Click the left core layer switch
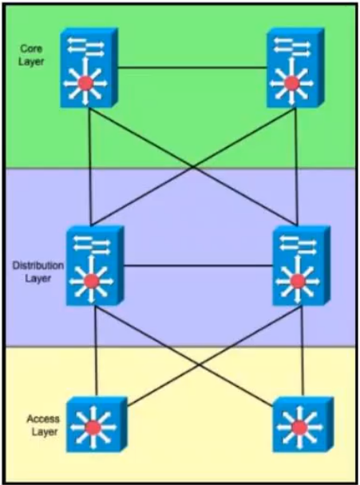(89, 67)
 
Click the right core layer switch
(295, 67)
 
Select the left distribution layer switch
(95, 265)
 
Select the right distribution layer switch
(301, 265)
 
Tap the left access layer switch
(97, 424)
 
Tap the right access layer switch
(303, 424)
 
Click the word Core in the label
(31, 49)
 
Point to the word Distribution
(38, 265)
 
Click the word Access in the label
(43, 419)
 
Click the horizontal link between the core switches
(192, 67)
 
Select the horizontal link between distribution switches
(198, 265)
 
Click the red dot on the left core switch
(85, 83)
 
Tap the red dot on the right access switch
(299, 427)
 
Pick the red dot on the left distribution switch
(91, 281)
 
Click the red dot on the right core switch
(291, 83)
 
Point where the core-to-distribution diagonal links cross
(193, 167)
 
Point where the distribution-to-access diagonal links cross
(199, 364)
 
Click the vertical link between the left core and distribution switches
(89, 166)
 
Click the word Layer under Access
(45, 431)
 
